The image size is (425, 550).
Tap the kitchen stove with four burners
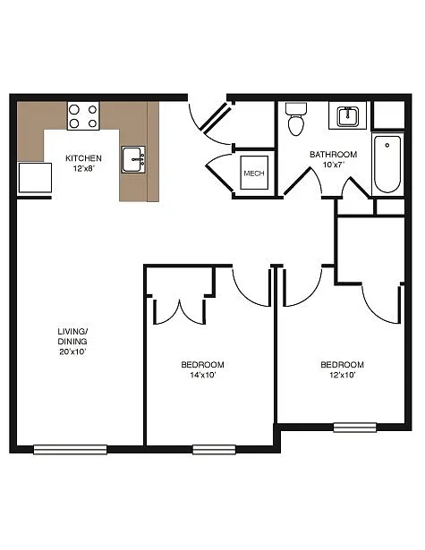point(83,116)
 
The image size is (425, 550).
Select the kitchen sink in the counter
point(133,160)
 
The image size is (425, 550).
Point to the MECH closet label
point(254,173)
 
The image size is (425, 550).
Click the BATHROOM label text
point(333,154)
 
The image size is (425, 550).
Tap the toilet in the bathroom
point(296,120)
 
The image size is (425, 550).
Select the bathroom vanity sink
point(346,116)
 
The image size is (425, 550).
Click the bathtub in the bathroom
point(387,163)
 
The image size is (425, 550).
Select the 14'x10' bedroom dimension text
point(202,376)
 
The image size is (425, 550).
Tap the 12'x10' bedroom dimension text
point(343,376)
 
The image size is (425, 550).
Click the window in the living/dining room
point(70,449)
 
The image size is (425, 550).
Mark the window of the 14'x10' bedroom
point(214,449)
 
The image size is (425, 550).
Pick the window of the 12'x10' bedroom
point(355,427)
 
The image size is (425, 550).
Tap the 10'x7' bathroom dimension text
point(333,165)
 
